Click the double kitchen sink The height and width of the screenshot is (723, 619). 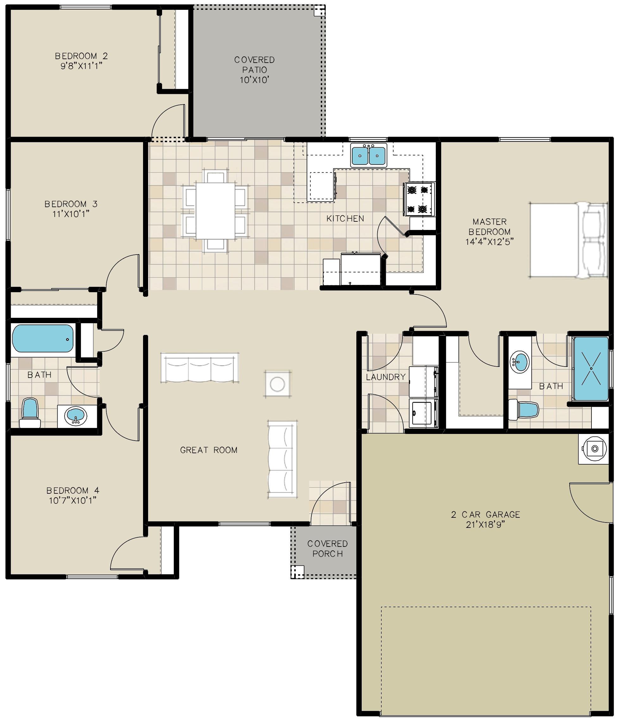(x=368, y=155)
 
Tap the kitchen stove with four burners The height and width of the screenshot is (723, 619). (x=419, y=199)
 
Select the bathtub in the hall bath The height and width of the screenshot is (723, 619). (x=43, y=338)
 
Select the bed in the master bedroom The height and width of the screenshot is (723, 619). (x=568, y=240)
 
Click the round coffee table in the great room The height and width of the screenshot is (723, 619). (x=278, y=384)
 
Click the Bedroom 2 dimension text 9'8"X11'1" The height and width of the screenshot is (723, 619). (x=81, y=66)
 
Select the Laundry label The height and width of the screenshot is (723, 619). (x=386, y=377)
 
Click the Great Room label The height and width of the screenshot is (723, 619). (x=209, y=450)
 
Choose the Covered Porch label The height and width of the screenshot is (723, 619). (x=328, y=548)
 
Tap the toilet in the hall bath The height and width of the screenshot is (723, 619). (x=30, y=413)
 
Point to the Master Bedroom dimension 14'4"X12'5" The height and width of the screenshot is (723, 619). (x=490, y=242)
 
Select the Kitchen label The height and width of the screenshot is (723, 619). (x=345, y=219)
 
